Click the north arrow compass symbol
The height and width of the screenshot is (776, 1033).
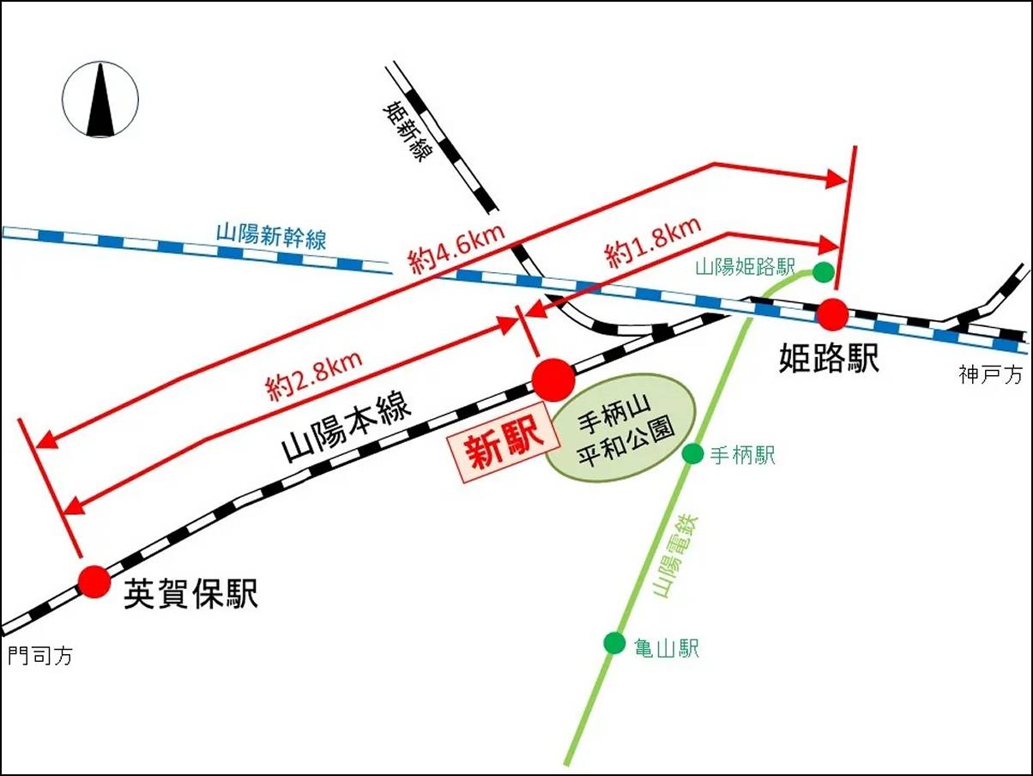[100, 100]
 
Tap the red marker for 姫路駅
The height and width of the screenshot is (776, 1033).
[832, 314]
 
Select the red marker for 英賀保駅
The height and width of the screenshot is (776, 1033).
[94, 582]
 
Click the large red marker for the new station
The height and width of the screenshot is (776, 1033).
[553, 380]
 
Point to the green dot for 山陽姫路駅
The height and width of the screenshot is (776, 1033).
[823, 272]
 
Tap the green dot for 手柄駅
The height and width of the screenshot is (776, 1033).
[692, 454]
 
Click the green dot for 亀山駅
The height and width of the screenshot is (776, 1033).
[614, 643]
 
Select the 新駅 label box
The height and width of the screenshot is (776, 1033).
[504, 449]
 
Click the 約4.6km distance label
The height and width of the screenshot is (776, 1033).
[457, 250]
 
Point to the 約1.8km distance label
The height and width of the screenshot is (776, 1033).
[654, 243]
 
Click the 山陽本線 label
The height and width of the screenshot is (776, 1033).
[346, 429]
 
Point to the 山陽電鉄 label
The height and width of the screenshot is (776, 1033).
[676, 557]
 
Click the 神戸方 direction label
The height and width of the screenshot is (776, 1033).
[991, 375]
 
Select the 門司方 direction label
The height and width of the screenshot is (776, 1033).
[41, 655]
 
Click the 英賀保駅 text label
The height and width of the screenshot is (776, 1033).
[190, 594]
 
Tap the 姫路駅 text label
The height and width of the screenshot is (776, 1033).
[829, 358]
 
